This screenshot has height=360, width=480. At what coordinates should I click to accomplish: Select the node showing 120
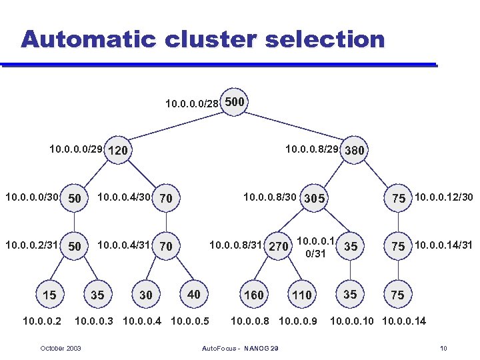[x=117, y=151]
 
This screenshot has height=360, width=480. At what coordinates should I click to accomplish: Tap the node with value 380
[x=354, y=150]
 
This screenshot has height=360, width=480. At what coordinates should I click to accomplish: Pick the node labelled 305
[x=314, y=198]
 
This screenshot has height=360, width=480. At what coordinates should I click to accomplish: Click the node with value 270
[x=278, y=247]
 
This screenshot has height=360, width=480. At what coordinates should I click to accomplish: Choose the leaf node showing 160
[x=254, y=295]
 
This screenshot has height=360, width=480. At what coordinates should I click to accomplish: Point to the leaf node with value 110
[x=302, y=295]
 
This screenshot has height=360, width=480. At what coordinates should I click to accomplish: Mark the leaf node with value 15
[x=49, y=295]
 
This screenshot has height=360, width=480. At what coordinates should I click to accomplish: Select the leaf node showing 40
[x=193, y=294]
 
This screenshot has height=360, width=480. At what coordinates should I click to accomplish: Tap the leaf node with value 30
[x=145, y=295]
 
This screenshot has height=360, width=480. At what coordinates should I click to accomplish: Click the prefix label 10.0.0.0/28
[x=191, y=103]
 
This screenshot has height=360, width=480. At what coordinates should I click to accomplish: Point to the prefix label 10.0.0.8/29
[x=312, y=149]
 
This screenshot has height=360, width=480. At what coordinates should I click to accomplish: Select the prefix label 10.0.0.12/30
[x=443, y=197]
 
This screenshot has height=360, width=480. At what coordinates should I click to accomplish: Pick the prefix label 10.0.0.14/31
[x=443, y=245]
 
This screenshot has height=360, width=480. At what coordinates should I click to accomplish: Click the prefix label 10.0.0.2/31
[x=31, y=245]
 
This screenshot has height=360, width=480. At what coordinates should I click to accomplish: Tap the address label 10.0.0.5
[x=190, y=321]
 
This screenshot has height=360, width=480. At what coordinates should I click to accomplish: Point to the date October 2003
[x=61, y=348]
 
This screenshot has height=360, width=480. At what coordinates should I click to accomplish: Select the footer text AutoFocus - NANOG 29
[x=239, y=348]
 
